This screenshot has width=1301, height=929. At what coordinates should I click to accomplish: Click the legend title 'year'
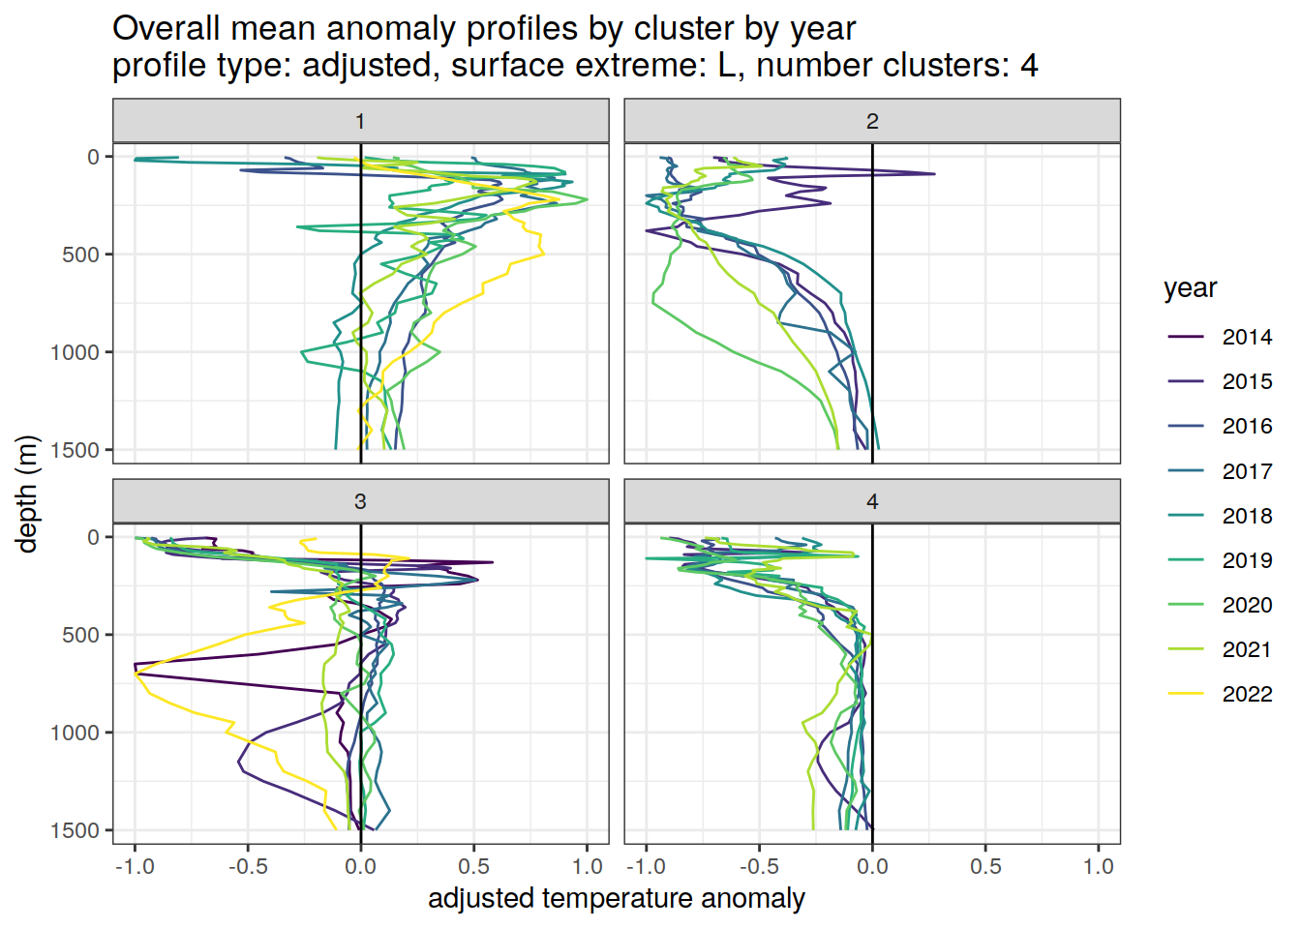coord(1190,288)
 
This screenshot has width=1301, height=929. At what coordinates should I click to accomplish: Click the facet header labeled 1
coord(360,121)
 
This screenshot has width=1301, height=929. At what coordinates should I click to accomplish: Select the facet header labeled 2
coord(872,121)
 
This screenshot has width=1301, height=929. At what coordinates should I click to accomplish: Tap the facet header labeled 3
coord(360,501)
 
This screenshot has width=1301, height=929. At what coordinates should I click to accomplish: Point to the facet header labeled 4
coord(872,501)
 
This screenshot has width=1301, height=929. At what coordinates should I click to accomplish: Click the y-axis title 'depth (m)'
coord(27,494)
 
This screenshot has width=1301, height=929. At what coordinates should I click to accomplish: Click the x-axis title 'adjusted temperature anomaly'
coord(617,898)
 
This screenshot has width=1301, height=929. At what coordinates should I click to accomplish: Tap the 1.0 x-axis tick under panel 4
coord(1099,866)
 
